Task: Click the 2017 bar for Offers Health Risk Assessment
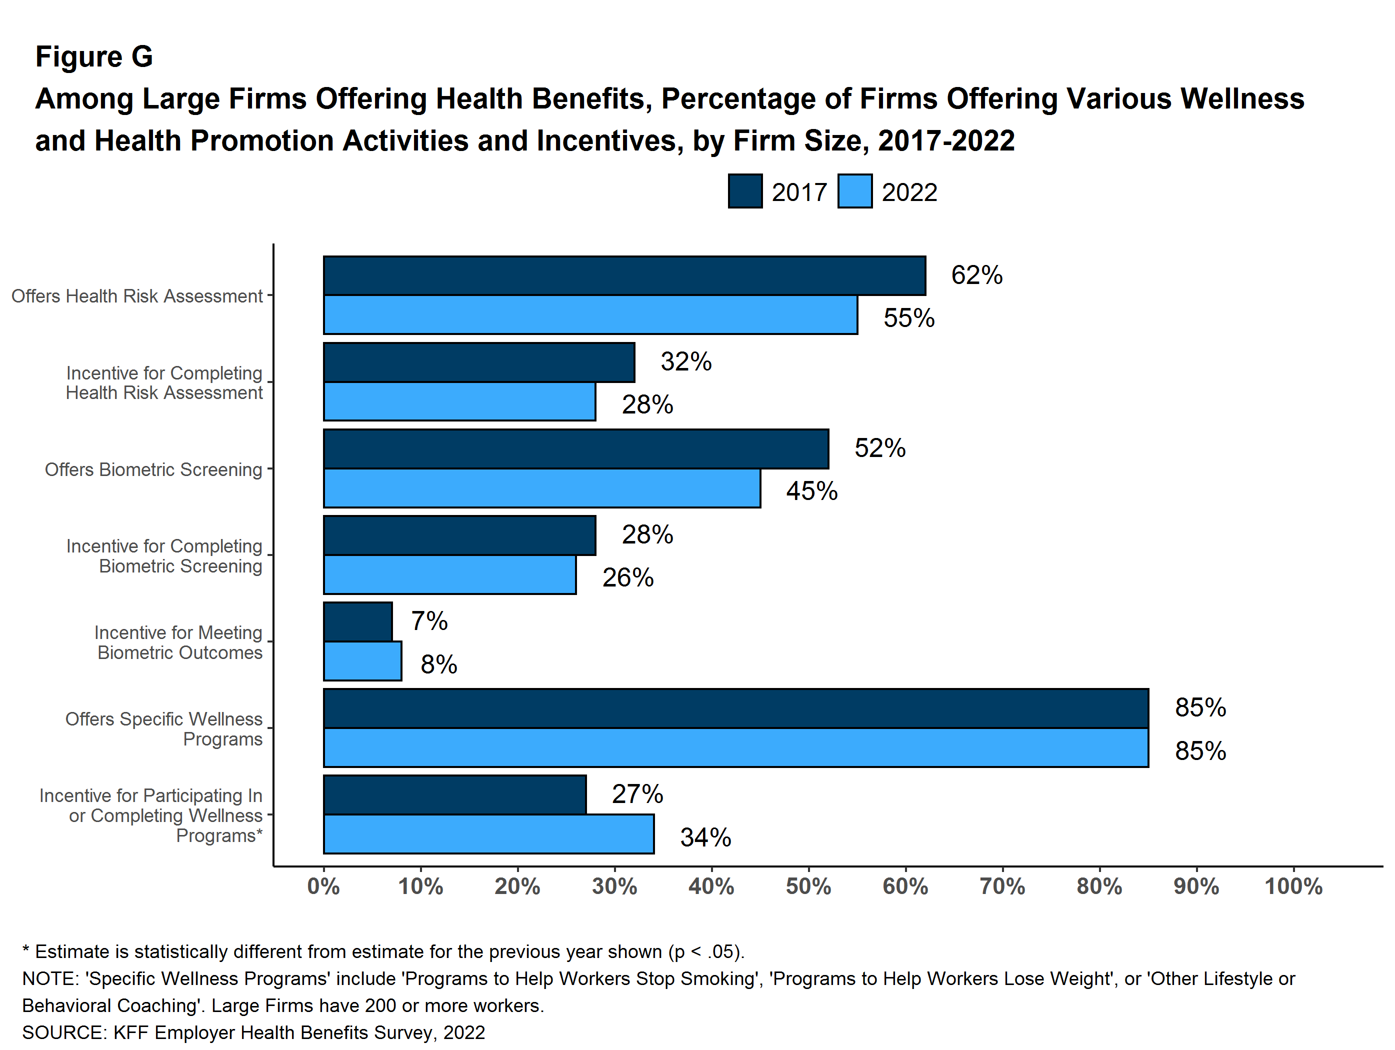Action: [624, 275]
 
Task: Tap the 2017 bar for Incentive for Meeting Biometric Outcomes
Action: [357, 622]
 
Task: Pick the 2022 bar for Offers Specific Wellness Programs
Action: [735, 748]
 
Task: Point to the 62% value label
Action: [976, 275]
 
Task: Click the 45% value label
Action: [811, 491]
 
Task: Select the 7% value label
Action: [429, 621]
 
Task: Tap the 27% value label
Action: [637, 794]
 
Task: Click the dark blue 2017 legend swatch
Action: [745, 191]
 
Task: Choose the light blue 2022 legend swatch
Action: [854, 191]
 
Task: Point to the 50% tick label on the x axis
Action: [808, 886]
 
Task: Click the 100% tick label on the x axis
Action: [1293, 886]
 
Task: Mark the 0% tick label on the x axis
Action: [323, 886]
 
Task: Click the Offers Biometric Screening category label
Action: [153, 470]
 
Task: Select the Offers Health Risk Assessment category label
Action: [137, 296]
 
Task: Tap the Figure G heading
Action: [94, 57]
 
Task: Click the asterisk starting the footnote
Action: [26, 950]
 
